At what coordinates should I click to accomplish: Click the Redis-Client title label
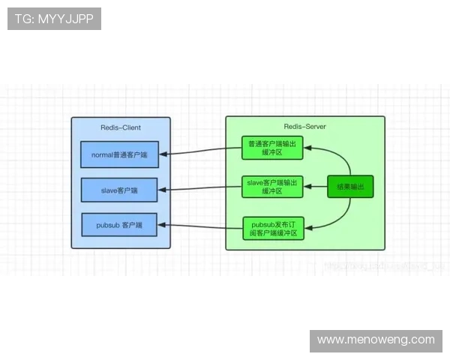[121, 127]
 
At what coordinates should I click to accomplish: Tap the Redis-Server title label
[304, 127]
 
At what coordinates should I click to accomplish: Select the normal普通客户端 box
[120, 154]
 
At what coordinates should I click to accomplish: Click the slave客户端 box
[120, 190]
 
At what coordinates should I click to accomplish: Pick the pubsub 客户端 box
[120, 225]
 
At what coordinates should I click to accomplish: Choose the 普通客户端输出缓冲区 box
[272, 148]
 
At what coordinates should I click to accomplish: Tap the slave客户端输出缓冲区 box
[272, 187]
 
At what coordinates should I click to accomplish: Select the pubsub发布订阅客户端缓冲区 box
[272, 228]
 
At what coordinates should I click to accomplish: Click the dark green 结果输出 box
[350, 186]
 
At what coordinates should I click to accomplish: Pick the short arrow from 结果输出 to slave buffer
[315, 187]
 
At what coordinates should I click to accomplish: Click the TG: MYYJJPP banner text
[54, 19]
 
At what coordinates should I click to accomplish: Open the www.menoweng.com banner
[376, 340]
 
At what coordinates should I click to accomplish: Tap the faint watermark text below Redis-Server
[382, 264]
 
